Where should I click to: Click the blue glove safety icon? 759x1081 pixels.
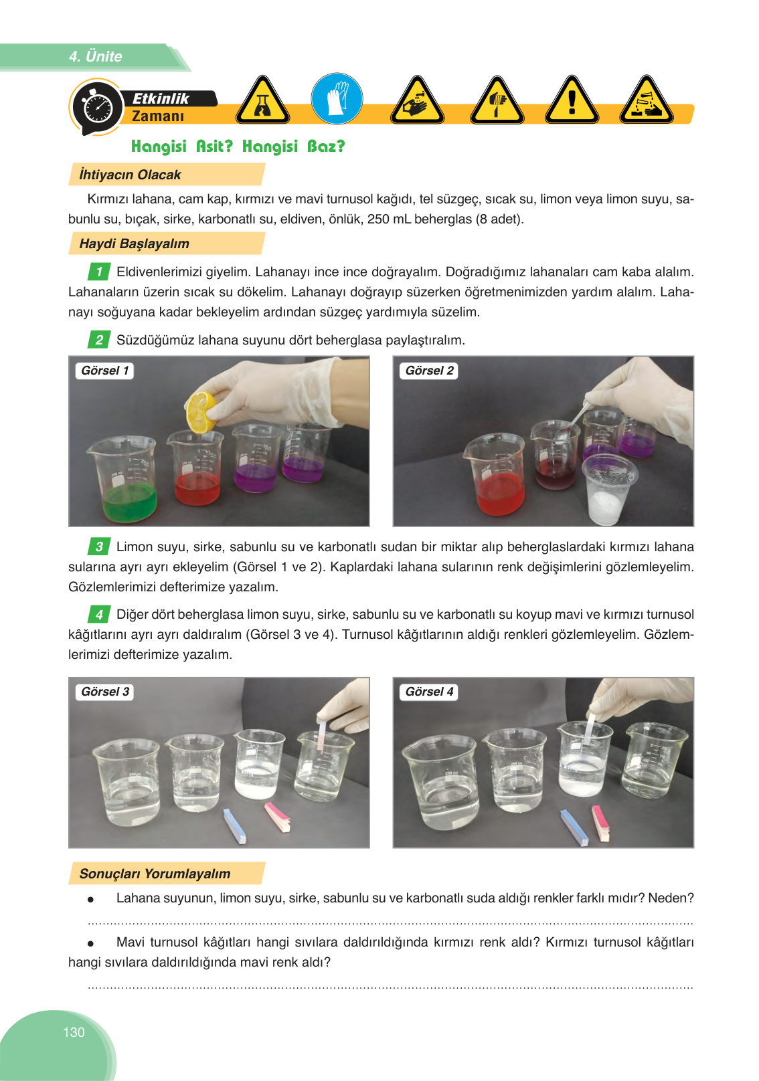click(x=337, y=99)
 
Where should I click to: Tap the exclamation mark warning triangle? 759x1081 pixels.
click(x=572, y=100)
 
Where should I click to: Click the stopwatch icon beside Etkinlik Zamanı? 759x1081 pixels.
click(x=97, y=106)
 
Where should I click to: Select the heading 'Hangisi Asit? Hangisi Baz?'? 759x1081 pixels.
click(x=238, y=146)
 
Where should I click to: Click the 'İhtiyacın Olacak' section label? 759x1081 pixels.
click(x=130, y=174)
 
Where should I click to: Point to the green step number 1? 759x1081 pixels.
click(x=99, y=272)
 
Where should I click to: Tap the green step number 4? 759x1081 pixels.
click(x=99, y=614)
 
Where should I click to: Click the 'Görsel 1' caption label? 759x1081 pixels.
click(x=105, y=371)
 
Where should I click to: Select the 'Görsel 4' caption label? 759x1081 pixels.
click(x=429, y=692)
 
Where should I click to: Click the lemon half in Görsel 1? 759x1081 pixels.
click(x=201, y=413)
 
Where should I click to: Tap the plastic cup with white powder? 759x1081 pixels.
click(x=609, y=489)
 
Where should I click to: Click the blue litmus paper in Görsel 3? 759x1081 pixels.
click(x=235, y=826)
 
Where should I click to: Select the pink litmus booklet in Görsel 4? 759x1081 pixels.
click(x=601, y=822)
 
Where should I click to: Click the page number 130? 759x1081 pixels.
click(x=74, y=1031)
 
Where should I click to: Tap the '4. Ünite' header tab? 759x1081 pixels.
click(x=95, y=56)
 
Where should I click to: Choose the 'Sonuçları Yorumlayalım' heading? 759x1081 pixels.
click(x=155, y=874)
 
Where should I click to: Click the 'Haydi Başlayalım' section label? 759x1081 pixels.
click(x=134, y=243)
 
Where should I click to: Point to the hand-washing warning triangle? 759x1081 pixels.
click(x=417, y=100)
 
